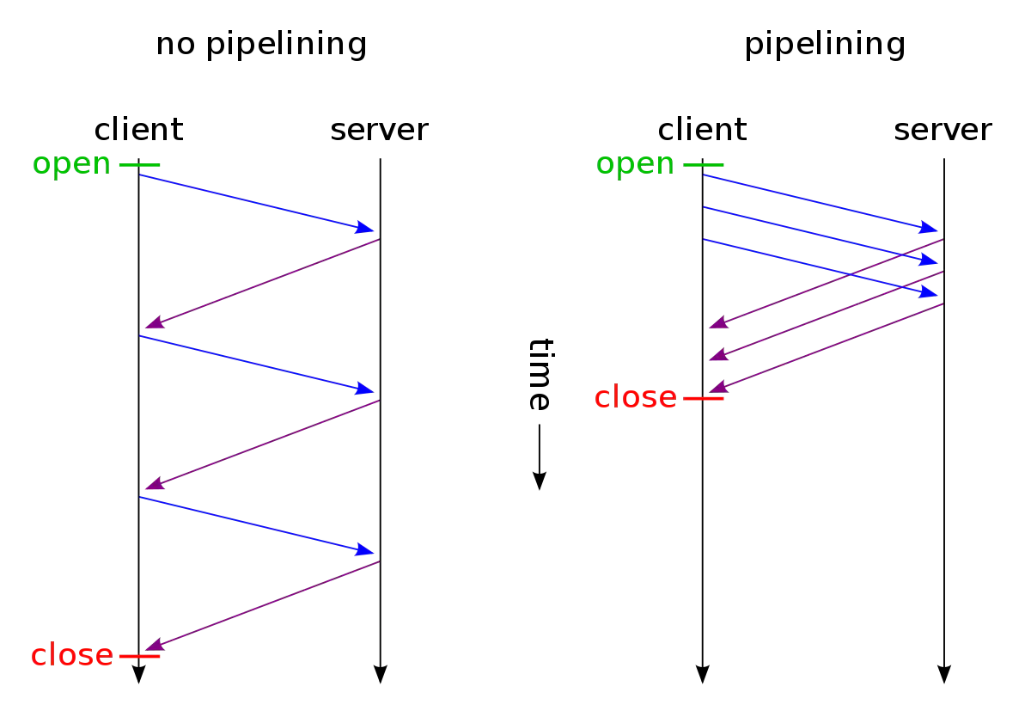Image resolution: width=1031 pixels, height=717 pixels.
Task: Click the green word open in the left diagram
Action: (x=71, y=163)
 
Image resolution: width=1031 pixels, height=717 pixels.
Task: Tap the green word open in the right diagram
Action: (x=635, y=163)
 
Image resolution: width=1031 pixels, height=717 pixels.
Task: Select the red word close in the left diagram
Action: (x=72, y=655)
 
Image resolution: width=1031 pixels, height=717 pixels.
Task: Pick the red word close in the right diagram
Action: (x=636, y=397)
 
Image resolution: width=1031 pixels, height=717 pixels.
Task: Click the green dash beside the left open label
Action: (x=139, y=164)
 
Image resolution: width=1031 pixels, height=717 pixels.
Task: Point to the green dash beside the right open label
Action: (x=703, y=164)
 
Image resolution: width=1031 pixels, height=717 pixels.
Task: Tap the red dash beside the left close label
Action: (x=139, y=656)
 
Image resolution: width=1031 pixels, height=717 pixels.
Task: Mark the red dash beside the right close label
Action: (x=703, y=398)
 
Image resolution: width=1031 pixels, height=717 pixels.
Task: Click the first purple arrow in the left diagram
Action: (x=262, y=283)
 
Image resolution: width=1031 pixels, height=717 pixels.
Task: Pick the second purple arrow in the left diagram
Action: (x=262, y=444)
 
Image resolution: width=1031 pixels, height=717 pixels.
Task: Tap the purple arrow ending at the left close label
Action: (x=262, y=605)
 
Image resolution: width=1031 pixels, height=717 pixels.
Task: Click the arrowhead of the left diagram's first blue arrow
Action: (x=365, y=228)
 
